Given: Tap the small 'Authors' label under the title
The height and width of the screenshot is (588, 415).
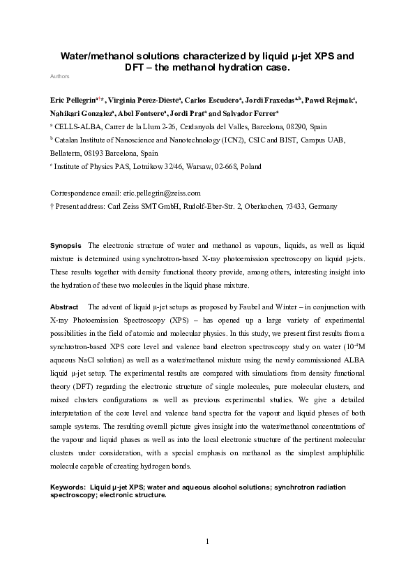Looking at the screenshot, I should click(x=60, y=75).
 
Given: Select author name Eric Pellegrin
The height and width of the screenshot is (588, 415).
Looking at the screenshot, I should click(x=73, y=101).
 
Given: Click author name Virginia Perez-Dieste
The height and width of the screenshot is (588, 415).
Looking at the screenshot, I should click(x=140, y=101).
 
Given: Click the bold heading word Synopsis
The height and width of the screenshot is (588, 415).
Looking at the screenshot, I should click(x=64, y=247).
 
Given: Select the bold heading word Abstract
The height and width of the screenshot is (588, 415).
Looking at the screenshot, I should click(x=64, y=307).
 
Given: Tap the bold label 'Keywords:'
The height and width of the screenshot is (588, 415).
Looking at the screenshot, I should click(x=68, y=485).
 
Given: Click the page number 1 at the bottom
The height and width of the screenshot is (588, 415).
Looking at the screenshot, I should click(x=207, y=542).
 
